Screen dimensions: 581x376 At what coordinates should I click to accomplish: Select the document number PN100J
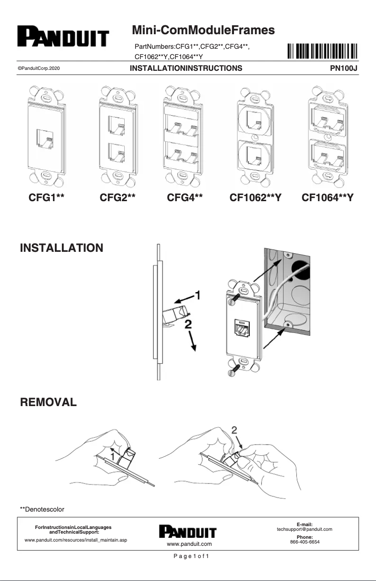click(344, 68)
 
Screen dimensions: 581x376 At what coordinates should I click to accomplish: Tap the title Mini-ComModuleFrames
click(203, 31)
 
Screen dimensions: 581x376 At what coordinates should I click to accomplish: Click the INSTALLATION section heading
click(61, 248)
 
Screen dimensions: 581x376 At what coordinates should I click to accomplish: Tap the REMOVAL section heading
click(48, 402)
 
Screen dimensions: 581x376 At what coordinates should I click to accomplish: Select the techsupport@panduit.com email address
click(304, 529)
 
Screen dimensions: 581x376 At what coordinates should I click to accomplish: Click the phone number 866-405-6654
click(304, 541)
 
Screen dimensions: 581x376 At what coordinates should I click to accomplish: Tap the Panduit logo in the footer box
click(188, 532)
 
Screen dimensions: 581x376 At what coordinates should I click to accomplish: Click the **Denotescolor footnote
click(42, 509)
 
